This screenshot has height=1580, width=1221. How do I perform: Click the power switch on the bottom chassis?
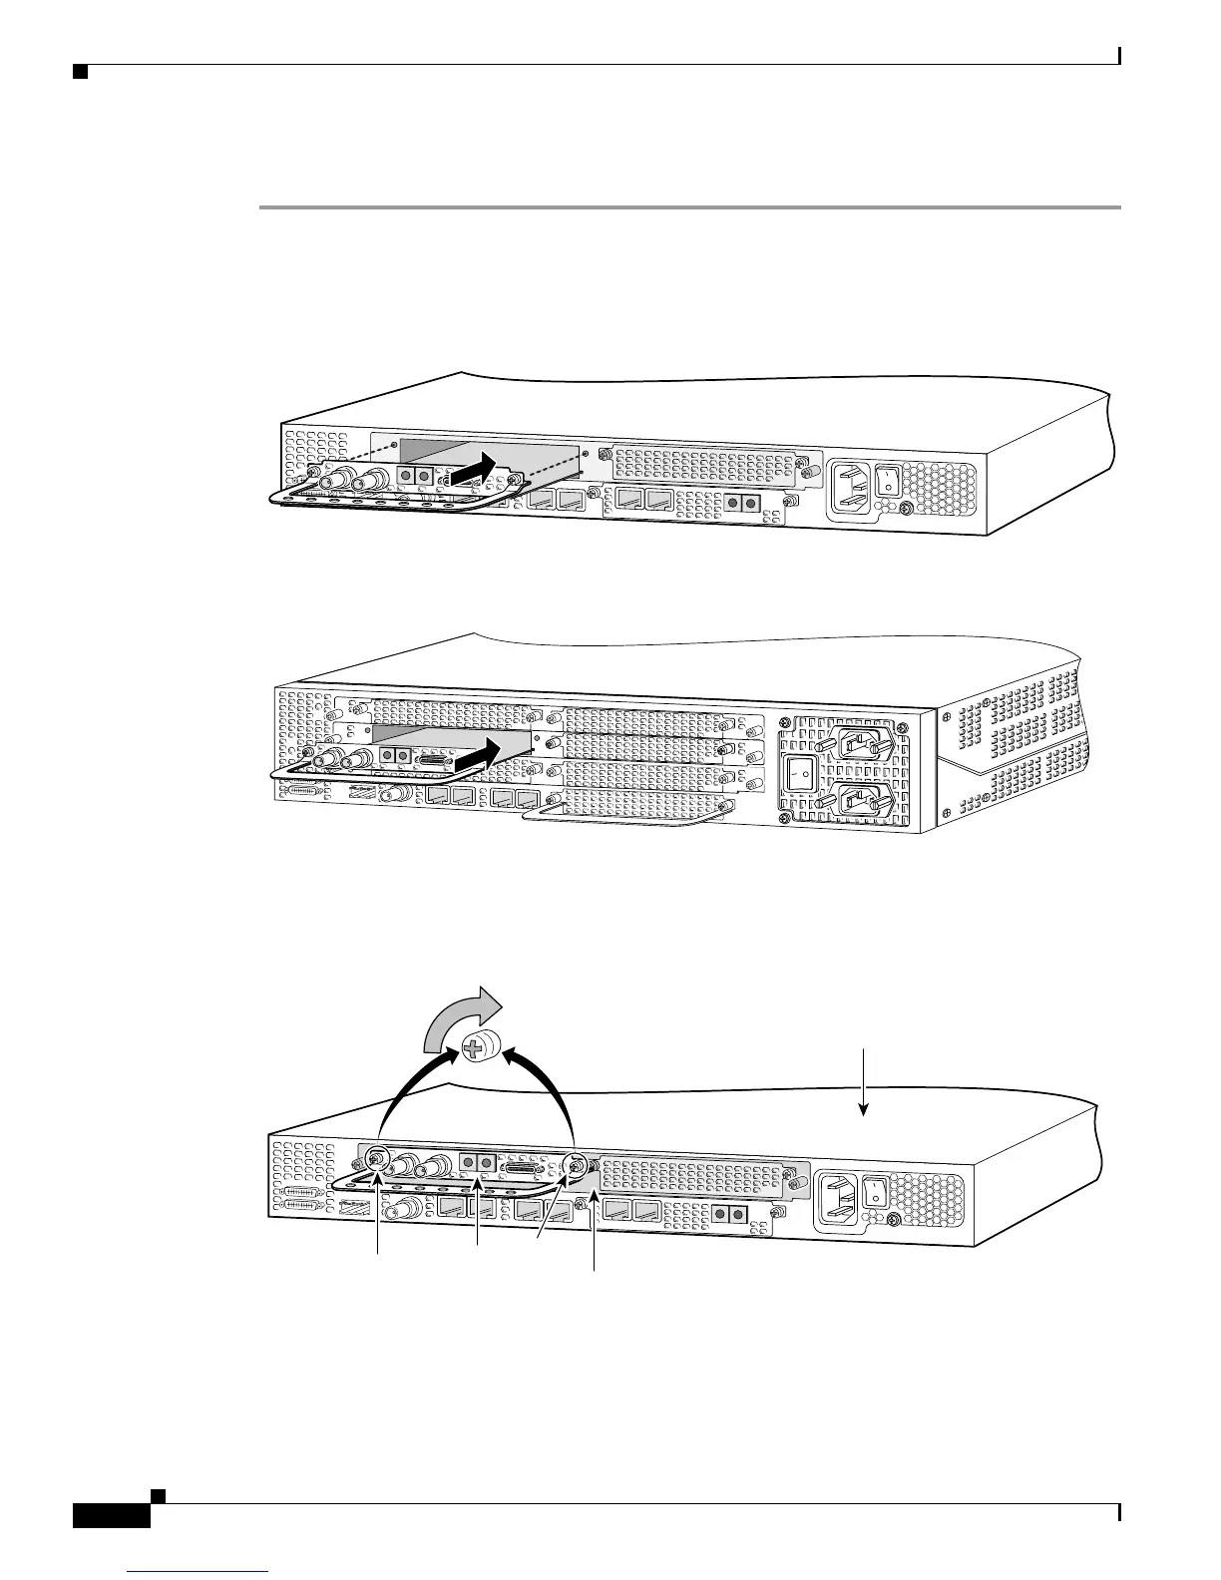pos(876,1191)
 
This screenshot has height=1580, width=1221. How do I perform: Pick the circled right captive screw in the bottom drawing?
pos(574,1164)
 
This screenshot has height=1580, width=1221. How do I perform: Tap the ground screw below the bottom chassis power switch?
pos(894,1221)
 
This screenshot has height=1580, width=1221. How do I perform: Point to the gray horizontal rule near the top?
pos(688,207)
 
